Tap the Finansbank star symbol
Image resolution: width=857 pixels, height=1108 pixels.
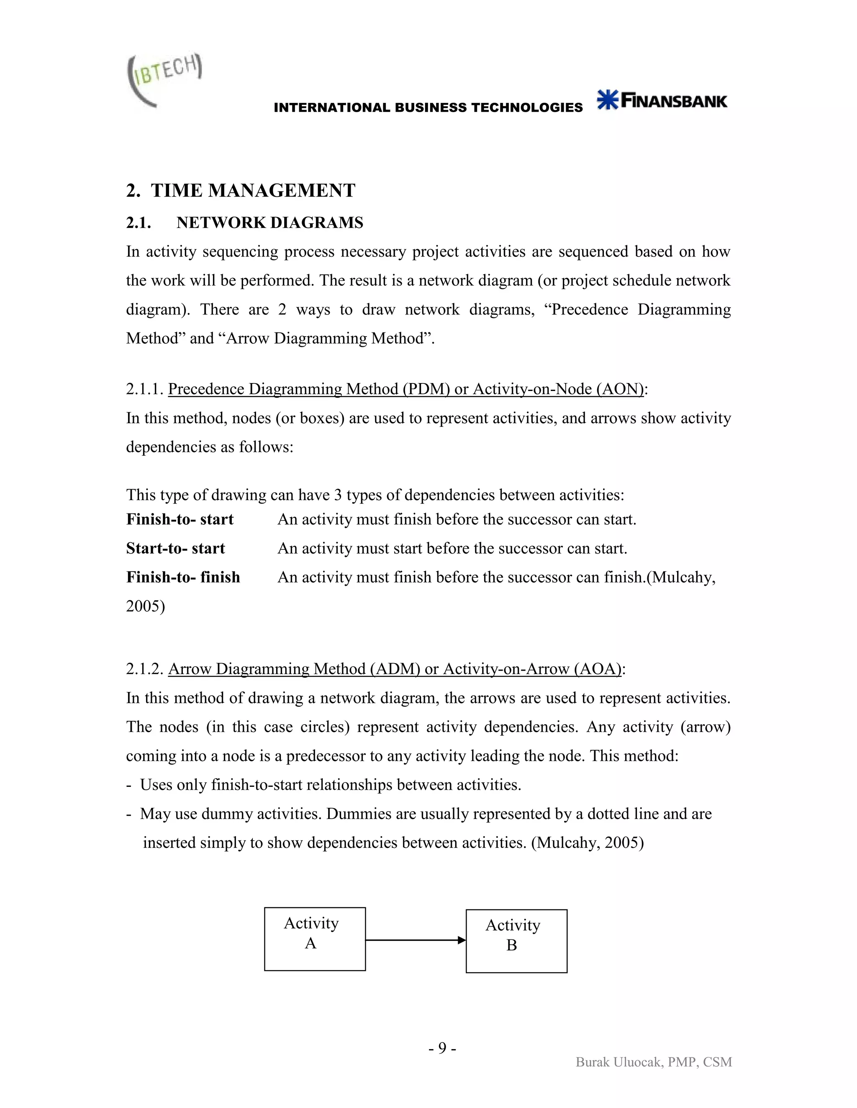tap(608, 100)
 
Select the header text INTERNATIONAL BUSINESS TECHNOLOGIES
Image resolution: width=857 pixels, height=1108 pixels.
tap(428, 107)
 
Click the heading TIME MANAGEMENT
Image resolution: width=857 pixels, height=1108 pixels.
tap(253, 191)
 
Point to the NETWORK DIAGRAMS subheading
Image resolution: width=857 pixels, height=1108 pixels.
tap(269, 223)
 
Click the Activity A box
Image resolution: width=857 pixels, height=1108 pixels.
tap(315, 939)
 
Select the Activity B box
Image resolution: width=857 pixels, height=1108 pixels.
tap(516, 941)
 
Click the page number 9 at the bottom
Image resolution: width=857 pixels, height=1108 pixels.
tap(442, 1048)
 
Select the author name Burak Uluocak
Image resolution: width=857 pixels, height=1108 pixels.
tap(619, 1062)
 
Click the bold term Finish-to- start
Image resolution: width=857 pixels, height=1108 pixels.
tap(180, 519)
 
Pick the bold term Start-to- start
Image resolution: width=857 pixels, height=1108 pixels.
tap(175, 549)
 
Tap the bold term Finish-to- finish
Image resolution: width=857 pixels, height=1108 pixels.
tap(183, 577)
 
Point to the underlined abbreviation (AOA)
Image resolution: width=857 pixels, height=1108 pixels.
tap(598, 669)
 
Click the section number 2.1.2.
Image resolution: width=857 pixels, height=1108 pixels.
tap(144, 669)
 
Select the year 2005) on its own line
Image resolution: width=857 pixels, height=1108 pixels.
tap(145, 606)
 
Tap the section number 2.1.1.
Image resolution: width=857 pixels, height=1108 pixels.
tap(144, 389)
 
